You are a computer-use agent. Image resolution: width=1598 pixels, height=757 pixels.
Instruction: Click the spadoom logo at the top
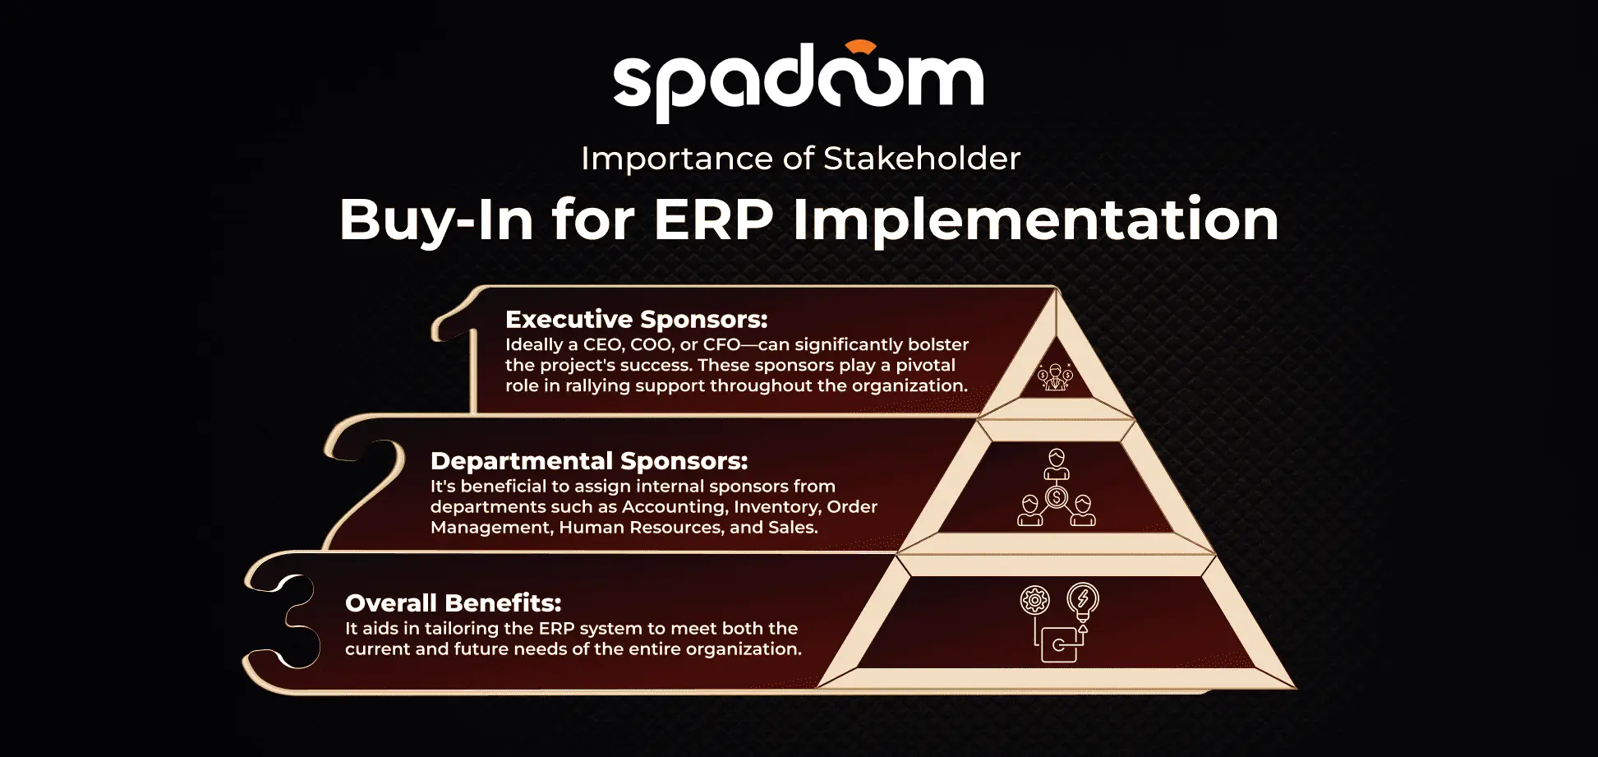(x=798, y=81)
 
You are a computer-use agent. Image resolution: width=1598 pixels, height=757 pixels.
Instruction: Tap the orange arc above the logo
(x=860, y=46)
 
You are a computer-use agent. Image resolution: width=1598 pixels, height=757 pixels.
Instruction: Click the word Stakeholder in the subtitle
(x=921, y=158)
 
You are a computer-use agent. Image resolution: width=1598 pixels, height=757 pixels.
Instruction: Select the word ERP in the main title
(x=713, y=219)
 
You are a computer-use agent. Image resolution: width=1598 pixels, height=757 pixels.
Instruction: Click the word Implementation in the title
(x=1035, y=219)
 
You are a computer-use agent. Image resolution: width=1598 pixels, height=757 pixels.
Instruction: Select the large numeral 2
(x=366, y=482)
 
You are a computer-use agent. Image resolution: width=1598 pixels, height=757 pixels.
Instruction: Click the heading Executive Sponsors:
(x=637, y=319)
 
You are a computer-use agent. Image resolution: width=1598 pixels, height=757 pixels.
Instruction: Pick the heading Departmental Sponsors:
(x=589, y=461)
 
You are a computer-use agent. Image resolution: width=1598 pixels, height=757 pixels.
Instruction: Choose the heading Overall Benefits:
(x=454, y=602)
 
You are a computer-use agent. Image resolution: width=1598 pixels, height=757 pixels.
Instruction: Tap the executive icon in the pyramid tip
(x=1056, y=377)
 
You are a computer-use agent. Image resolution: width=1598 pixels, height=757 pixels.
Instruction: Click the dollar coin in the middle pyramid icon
(x=1057, y=496)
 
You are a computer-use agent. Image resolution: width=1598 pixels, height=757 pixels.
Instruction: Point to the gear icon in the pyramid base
(x=1035, y=600)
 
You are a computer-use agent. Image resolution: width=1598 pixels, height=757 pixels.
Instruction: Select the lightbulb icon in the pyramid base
(x=1083, y=602)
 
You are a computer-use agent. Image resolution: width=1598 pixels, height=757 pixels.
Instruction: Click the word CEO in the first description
(x=603, y=344)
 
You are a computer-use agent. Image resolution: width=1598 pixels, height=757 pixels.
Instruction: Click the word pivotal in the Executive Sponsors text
(x=925, y=366)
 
